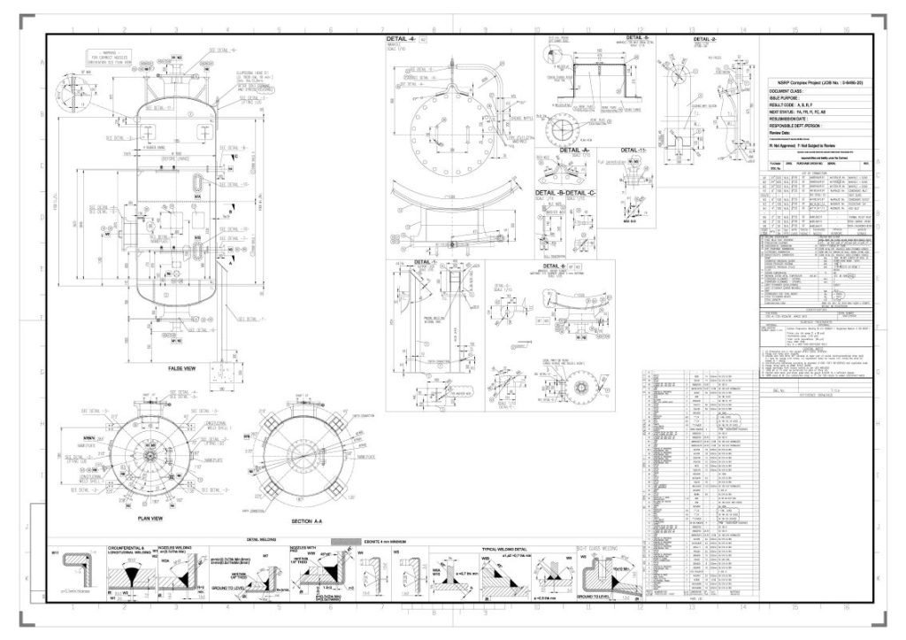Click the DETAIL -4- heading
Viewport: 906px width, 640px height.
tap(401, 40)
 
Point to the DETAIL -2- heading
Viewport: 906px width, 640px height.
tap(704, 40)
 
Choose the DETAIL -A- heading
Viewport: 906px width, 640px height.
tap(574, 151)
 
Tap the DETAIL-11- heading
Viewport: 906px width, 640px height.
tap(635, 151)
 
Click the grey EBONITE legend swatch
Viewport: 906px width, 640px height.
tap(341, 539)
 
